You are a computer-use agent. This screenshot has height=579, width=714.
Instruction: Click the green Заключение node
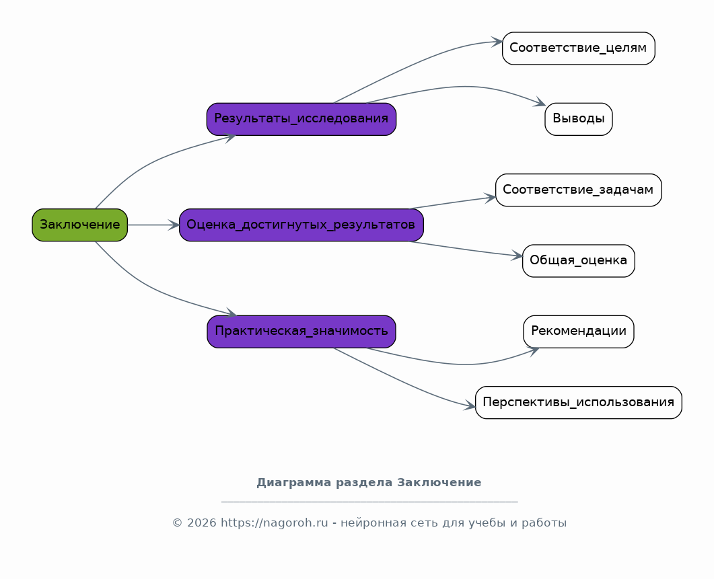79,225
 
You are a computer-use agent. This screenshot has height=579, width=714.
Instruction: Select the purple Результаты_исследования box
301,119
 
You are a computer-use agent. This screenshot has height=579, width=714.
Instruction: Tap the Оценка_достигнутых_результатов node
301,225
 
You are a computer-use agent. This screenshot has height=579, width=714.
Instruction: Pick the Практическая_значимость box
301,332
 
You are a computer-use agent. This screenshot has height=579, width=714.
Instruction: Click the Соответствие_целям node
578,48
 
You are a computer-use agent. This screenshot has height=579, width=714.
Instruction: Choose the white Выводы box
578,119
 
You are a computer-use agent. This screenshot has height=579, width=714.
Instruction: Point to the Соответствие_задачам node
578,190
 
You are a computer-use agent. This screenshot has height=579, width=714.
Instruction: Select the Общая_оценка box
578,261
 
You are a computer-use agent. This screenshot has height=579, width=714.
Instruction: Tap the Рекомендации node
578,332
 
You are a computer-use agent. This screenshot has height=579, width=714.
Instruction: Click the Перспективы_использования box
578,402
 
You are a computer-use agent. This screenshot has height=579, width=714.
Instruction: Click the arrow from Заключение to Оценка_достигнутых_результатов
153,225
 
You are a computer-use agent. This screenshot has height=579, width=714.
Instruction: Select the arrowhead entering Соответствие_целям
497,42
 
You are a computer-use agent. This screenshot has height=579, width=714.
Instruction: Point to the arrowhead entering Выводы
540,102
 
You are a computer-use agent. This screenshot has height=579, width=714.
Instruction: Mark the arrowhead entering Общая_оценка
516,256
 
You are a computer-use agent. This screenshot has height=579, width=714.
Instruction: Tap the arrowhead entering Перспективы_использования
470,405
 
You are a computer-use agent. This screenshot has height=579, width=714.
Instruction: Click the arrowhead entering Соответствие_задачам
490,198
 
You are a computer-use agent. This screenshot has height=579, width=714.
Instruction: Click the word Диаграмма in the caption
293,483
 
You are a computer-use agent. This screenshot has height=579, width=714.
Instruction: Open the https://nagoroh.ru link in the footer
274,523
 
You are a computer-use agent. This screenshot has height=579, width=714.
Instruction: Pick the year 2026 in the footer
201,523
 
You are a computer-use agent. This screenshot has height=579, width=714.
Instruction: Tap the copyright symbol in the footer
177,523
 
